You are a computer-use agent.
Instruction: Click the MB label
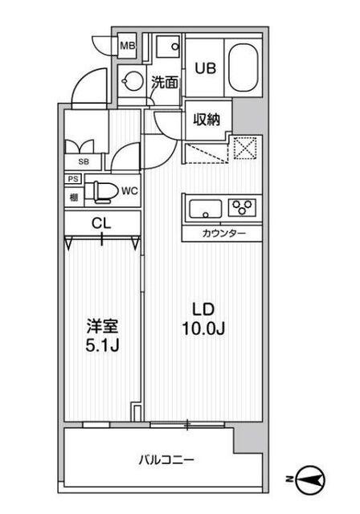[127, 47]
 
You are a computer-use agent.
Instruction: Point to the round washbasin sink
[131, 80]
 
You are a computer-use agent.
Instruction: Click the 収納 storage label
[207, 120]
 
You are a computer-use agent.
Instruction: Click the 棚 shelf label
[73, 196]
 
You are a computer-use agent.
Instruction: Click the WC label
[129, 191]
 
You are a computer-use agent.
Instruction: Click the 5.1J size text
[102, 348]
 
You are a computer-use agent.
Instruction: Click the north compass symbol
[309, 480]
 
